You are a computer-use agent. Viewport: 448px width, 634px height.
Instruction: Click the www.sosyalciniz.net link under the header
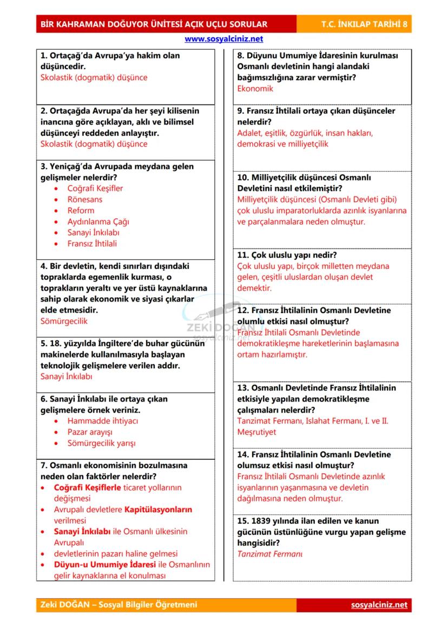coord(223,39)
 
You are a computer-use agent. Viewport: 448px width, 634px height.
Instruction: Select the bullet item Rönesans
coord(84,199)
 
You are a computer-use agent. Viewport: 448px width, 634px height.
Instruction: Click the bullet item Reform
coord(81,211)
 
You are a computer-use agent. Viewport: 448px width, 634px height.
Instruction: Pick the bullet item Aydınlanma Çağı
coord(98,221)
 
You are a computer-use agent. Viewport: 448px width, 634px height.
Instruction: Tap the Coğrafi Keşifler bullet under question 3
coord(95,188)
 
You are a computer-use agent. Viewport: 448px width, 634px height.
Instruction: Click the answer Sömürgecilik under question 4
coord(64,321)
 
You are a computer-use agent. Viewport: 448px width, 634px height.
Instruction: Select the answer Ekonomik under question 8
coord(255,89)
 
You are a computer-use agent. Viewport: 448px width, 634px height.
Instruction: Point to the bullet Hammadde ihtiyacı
coord(102,421)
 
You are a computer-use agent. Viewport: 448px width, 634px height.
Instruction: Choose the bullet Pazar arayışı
coord(90,432)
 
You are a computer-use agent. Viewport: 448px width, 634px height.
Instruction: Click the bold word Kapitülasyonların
coord(158,509)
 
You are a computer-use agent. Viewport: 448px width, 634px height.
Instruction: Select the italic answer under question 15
coord(269,554)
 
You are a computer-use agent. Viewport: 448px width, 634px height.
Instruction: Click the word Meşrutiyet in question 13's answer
coord(256,432)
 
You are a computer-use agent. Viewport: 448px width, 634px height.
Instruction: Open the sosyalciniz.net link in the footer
coord(379,605)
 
